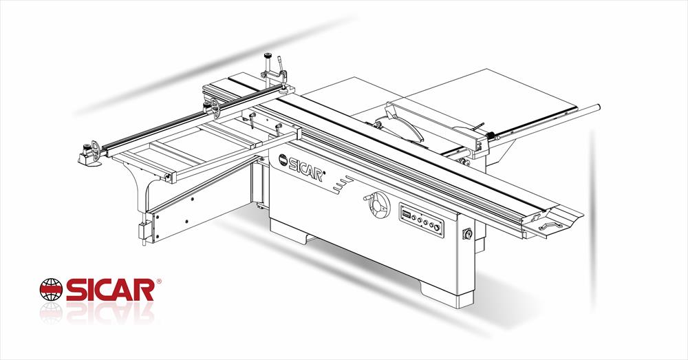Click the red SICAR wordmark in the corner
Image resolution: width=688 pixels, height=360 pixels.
(x=109, y=289)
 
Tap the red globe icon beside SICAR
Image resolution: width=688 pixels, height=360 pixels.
(x=52, y=289)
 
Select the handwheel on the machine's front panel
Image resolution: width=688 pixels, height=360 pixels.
(x=378, y=205)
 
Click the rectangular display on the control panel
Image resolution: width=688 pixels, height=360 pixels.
(x=406, y=215)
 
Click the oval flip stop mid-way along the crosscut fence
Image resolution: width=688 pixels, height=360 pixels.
(x=216, y=106)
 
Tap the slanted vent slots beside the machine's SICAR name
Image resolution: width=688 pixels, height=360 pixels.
(x=342, y=184)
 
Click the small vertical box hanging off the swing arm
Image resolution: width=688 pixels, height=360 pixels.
(x=144, y=232)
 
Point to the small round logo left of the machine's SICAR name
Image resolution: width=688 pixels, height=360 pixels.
(x=282, y=160)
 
